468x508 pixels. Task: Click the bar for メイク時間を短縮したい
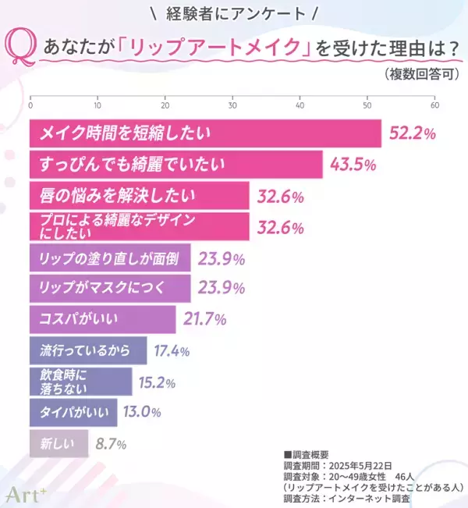pos(205,133)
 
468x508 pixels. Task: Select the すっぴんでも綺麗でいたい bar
pos(175,165)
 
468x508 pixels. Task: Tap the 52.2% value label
pos(411,133)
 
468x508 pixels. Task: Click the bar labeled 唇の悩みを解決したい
pos(139,196)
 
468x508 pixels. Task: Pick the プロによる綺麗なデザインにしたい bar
pos(139,226)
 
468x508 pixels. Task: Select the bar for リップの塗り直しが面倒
pos(110,257)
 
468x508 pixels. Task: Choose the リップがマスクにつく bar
pos(110,288)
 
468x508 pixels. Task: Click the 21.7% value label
pos(204,319)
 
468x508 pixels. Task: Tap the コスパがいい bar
pos(102,319)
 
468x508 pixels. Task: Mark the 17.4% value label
pos(172,350)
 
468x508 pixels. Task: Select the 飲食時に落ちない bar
pos(80,381)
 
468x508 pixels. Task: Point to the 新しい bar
pos(58,443)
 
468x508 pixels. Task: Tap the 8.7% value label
pos(111,444)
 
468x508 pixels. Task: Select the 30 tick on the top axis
pos(232,105)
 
